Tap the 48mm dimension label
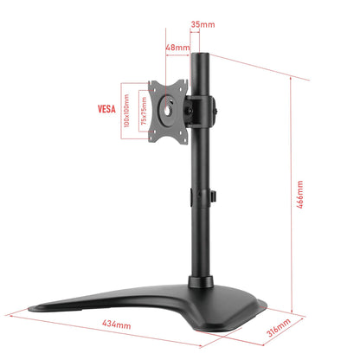click(x=177, y=48)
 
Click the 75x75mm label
click(x=144, y=112)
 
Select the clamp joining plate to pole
click(x=200, y=110)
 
